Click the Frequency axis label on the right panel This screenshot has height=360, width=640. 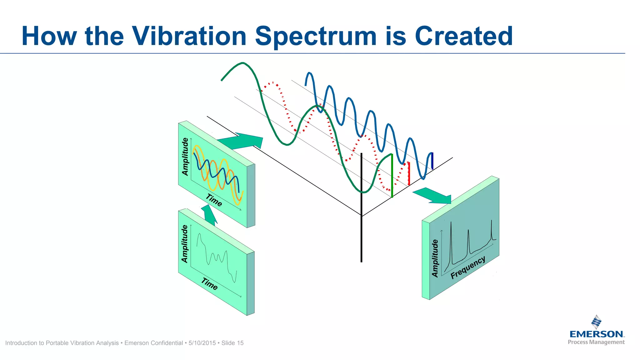tap(468, 267)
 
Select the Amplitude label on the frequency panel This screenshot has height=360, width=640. tap(435, 258)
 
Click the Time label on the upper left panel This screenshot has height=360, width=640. tap(214, 200)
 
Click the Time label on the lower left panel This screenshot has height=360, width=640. tap(209, 284)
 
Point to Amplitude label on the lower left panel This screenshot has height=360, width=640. tap(185, 244)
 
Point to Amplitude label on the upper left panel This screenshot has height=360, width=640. tap(185, 157)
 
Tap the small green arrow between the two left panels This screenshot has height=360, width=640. tap(209, 215)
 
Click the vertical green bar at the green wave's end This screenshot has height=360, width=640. tap(392, 176)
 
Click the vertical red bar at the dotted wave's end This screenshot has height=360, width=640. tap(409, 173)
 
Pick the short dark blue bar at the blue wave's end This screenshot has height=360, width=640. tap(432, 161)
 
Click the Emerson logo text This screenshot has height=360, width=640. tap(596, 334)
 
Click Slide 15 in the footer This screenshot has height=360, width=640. tap(232, 343)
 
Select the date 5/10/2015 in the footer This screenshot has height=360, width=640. tap(202, 343)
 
